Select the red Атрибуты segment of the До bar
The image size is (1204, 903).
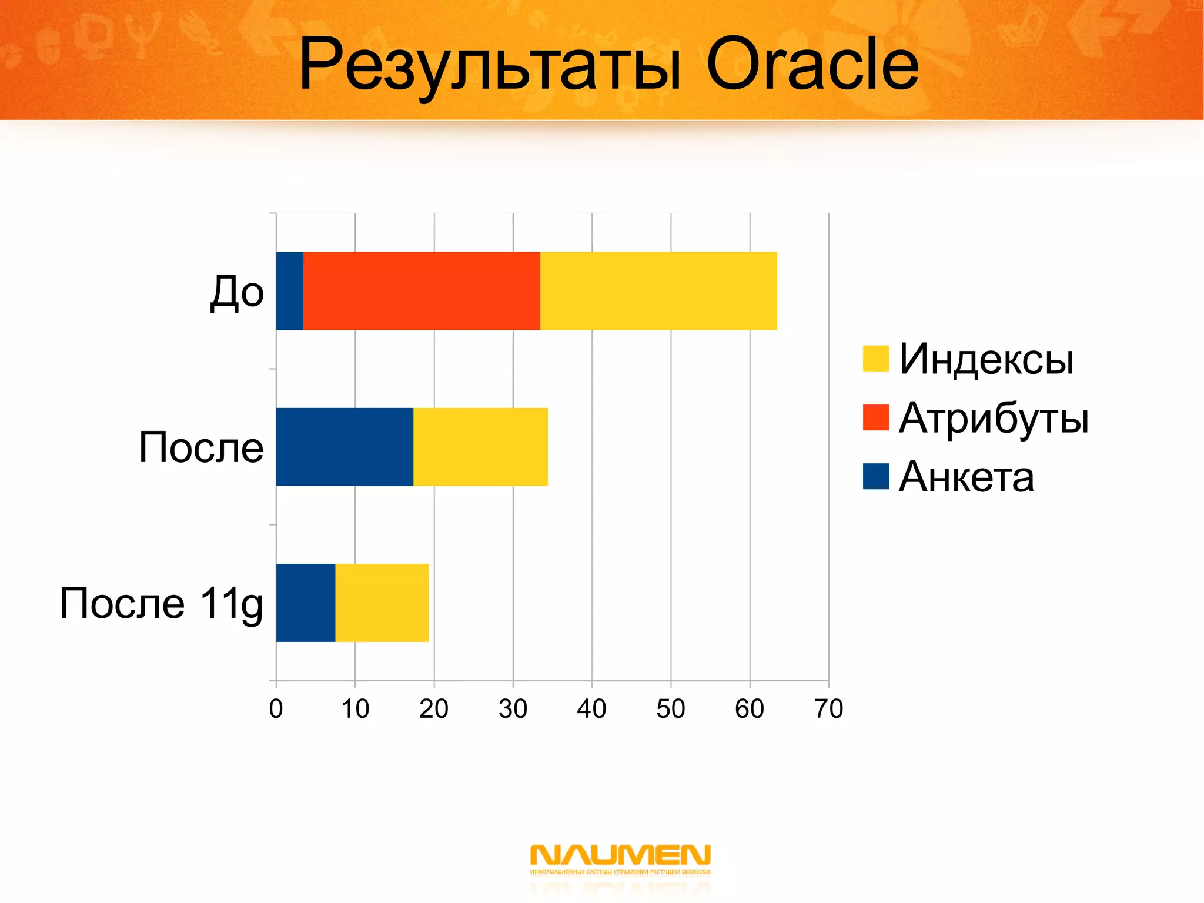click(x=422, y=291)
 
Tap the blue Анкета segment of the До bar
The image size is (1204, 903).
click(x=289, y=291)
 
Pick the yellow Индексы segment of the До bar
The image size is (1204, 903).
click(x=658, y=291)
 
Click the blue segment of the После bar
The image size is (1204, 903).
click(x=345, y=447)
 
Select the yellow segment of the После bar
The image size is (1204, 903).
click(x=480, y=447)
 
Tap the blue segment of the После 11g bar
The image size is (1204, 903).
click(x=305, y=603)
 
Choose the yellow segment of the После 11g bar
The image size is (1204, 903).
click(x=382, y=603)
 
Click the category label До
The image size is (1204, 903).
click(x=237, y=292)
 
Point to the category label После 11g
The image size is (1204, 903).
click(x=161, y=604)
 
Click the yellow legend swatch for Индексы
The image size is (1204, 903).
click(x=875, y=359)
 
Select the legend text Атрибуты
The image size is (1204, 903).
click(x=994, y=418)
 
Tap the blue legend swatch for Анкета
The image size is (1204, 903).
click(x=875, y=476)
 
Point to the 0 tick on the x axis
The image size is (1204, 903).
click(x=276, y=709)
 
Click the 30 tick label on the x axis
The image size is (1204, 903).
click(x=513, y=709)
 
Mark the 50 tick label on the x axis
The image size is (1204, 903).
click(x=671, y=709)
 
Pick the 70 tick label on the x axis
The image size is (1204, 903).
click(x=828, y=709)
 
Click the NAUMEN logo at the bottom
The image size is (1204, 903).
click(x=620, y=859)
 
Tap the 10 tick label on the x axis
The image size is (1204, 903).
click(x=355, y=709)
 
